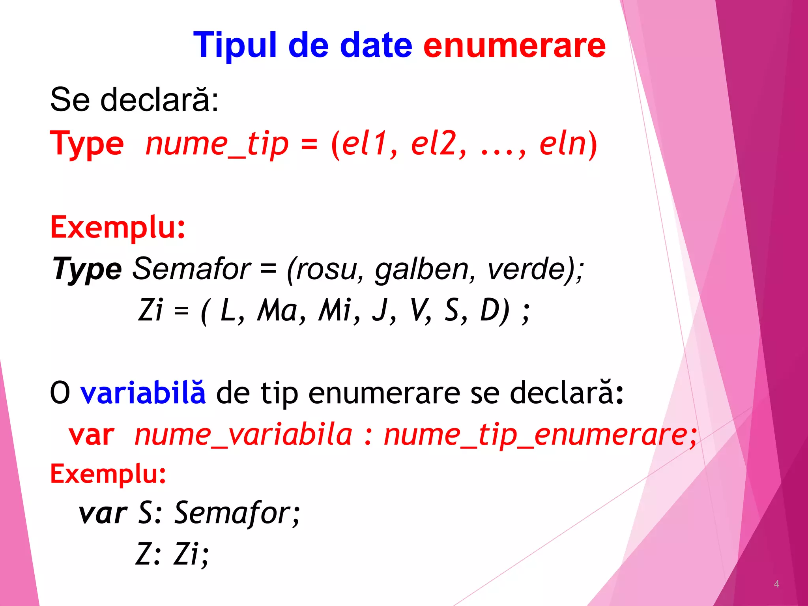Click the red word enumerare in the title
pyautogui.click(x=514, y=46)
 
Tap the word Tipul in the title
pyautogui.click(x=235, y=46)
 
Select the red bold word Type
pyautogui.click(x=87, y=144)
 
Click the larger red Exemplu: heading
pyautogui.click(x=118, y=228)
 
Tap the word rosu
pyautogui.click(x=327, y=269)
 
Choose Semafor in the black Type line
pyautogui.click(x=191, y=269)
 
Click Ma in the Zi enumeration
pyautogui.click(x=278, y=310)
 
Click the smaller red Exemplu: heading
pyautogui.click(x=108, y=474)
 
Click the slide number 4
pyautogui.click(x=776, y=584)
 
